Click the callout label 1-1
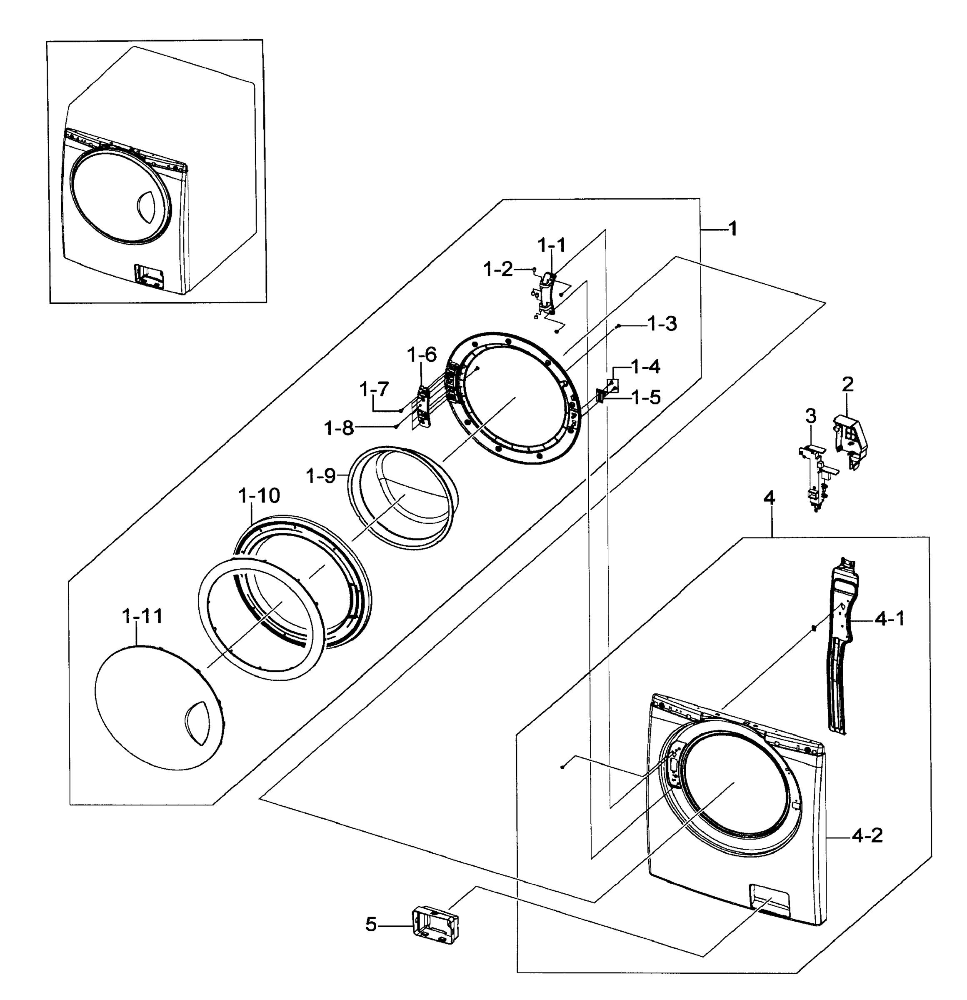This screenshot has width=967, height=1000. click(551, 245)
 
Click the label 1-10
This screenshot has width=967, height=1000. click(259, 495)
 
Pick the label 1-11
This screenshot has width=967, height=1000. click(142, 616)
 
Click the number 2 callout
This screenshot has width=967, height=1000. click(847, 384)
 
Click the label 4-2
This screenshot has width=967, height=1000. click(867, 836)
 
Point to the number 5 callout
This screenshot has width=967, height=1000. click(371, 925)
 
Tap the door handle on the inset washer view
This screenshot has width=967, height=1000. click(147, 207)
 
